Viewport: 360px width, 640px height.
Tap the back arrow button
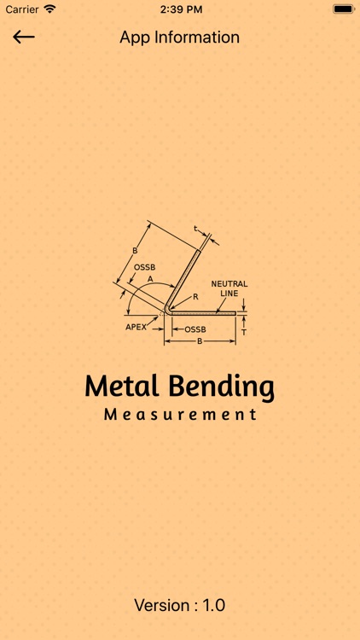pos(23,37)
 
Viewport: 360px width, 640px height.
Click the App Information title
pos(179,38)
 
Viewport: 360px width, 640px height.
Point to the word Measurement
pos(179,415)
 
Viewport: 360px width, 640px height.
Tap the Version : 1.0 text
pos(179,605)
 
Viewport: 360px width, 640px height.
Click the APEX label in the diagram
pos(137,326)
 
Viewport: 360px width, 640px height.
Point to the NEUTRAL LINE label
pos(229,288)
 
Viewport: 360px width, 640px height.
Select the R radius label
pos(195,297)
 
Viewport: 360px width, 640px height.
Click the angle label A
pos(150,278)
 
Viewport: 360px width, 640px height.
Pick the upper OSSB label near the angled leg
pos(144,267)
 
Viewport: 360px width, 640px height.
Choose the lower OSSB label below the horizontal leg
pos(195,329)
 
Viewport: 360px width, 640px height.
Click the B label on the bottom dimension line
pos(200,341)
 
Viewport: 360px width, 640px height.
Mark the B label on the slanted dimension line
pos(134,251)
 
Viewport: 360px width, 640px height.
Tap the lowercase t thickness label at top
pos(195,228)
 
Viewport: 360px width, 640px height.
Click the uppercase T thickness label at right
pos(244,333)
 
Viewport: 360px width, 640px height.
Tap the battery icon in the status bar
pos(343,9)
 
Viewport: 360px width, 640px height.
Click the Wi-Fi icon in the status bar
pos(50,9)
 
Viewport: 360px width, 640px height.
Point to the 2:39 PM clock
pos(179,9)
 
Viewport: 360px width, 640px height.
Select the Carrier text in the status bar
pos(21,9)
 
